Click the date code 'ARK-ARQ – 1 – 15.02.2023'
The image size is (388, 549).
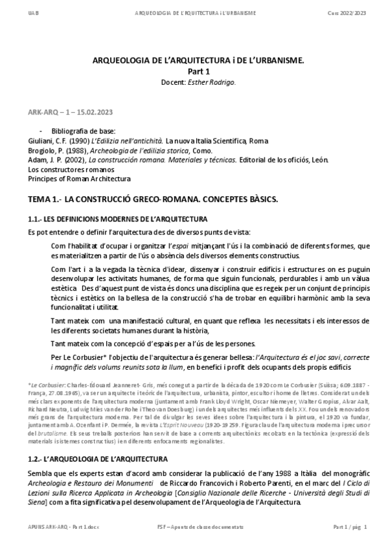(x=65, y=112)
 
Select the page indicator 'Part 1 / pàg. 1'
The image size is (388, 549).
(x=350, y=528)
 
